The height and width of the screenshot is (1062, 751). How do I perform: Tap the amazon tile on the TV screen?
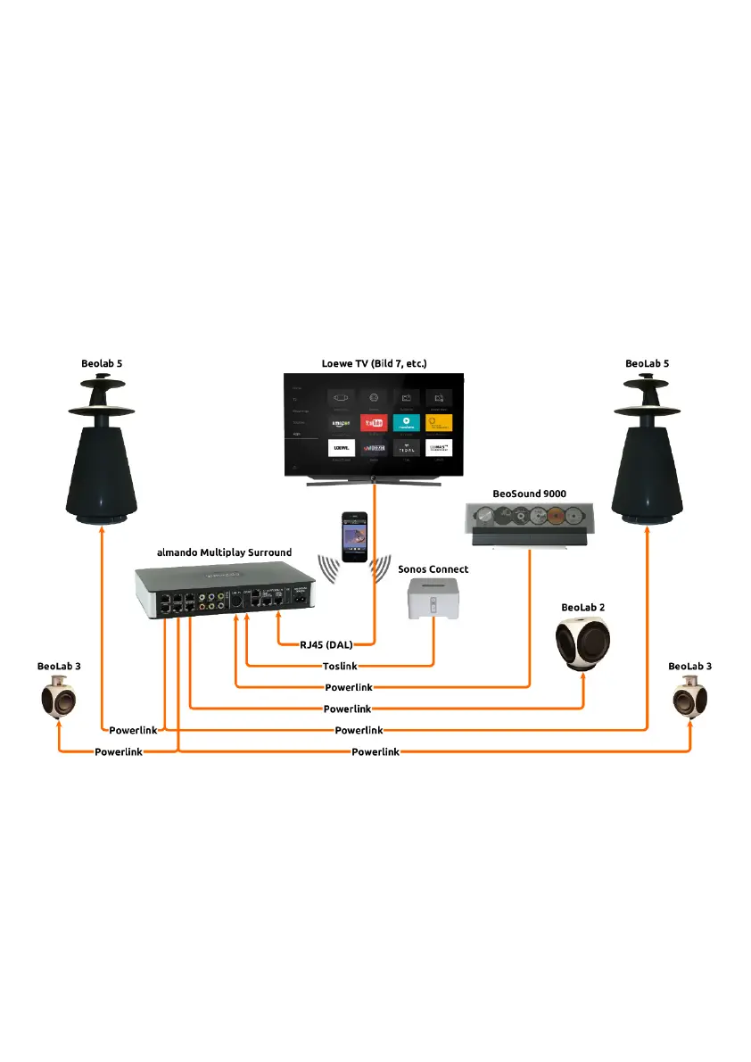coord(339,422)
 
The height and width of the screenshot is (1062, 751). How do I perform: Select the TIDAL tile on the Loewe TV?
coord(406,447)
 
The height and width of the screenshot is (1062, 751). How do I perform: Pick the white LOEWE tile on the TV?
coord(339,447)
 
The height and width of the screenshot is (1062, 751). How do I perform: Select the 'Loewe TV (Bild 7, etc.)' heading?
coord(375,364)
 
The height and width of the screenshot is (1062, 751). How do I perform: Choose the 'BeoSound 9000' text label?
coord(530,494)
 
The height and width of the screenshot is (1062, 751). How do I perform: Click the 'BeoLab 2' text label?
coord(583,607)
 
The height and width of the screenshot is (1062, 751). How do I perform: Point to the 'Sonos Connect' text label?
coord(433,569)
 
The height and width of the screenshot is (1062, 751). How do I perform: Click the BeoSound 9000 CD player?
coord(530,524)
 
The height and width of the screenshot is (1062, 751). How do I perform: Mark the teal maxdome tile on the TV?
coord(406,422)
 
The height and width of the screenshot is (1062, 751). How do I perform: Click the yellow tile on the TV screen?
coord(438,422)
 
